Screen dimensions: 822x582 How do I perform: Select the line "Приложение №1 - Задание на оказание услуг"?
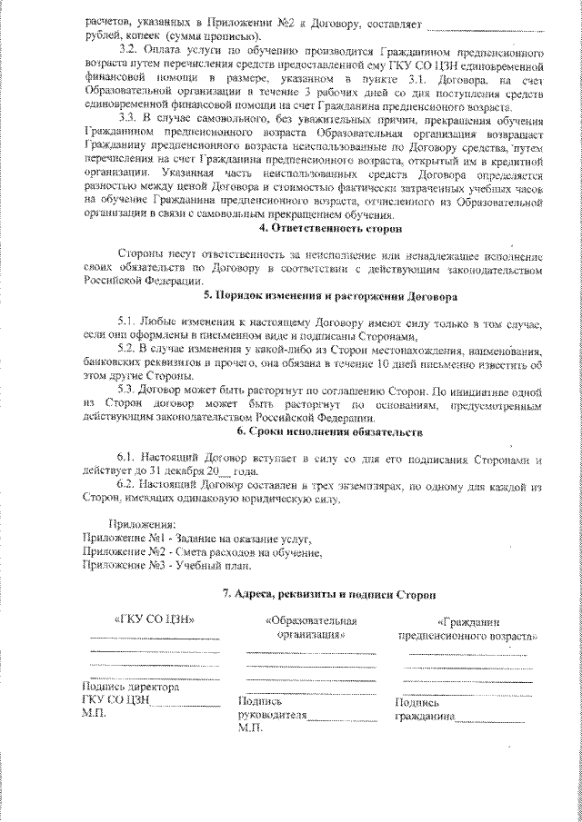(x=196, y=539)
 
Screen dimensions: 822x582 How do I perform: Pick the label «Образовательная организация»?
(x=311, y=629)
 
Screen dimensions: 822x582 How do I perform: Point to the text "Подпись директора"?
(x=130, y=688)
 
